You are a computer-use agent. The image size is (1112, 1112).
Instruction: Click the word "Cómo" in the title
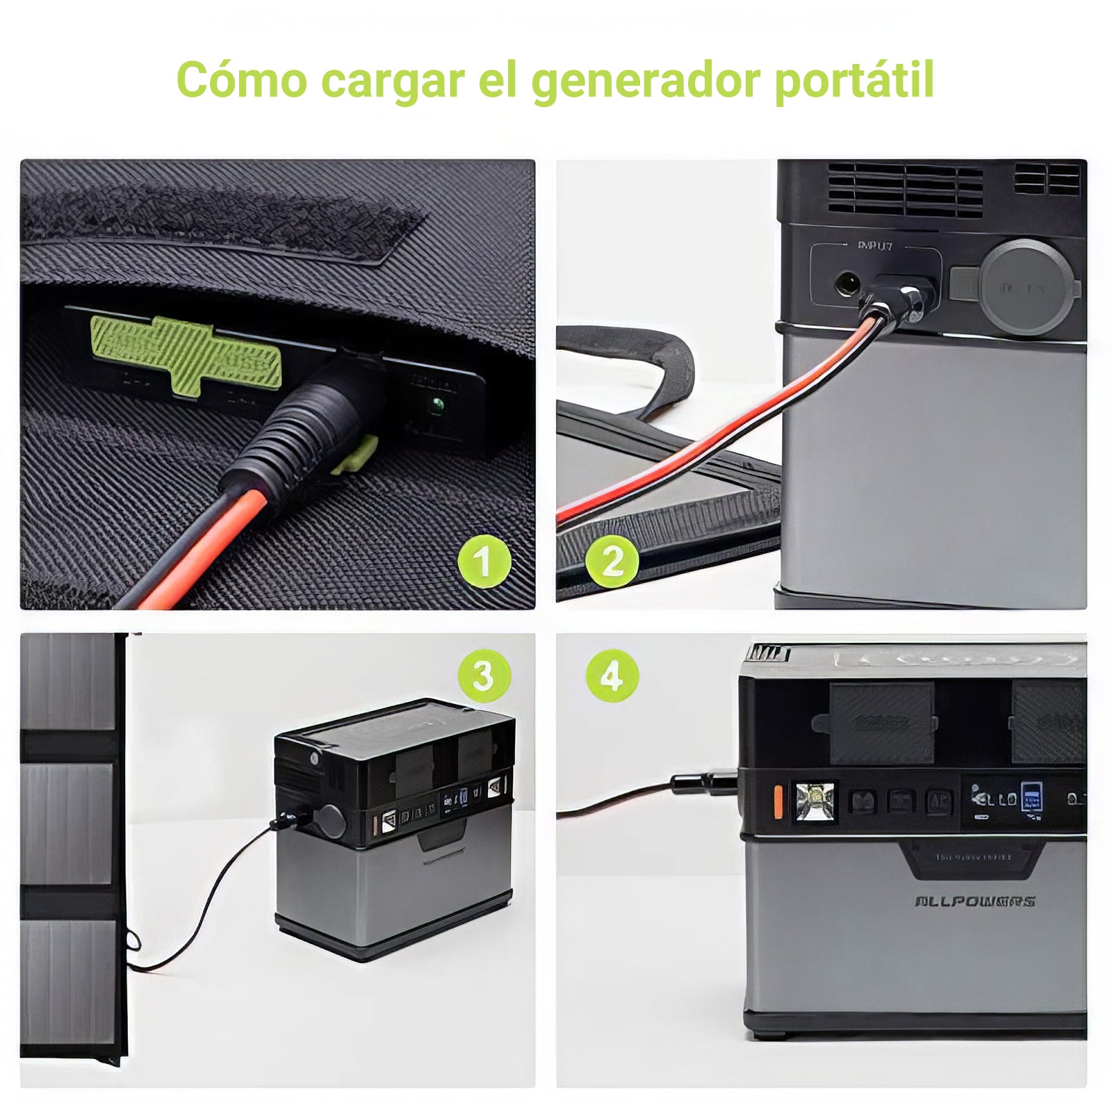tap(241, 80)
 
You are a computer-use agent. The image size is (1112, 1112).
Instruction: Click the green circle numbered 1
tap(484, 561)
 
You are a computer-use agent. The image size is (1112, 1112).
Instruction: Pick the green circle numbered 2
tap(612, 561)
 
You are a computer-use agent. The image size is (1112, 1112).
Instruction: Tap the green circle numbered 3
tap(484, 675)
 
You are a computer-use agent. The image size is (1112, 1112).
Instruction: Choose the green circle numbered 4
tap(612, 675)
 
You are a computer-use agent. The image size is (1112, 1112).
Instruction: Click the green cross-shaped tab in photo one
tap(186, 354)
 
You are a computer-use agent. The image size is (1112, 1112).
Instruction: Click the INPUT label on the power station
tap(875, 245)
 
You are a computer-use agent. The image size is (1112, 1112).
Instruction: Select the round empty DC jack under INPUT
tap(847, 284)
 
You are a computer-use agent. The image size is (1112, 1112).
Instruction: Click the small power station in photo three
tap(394, 827)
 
